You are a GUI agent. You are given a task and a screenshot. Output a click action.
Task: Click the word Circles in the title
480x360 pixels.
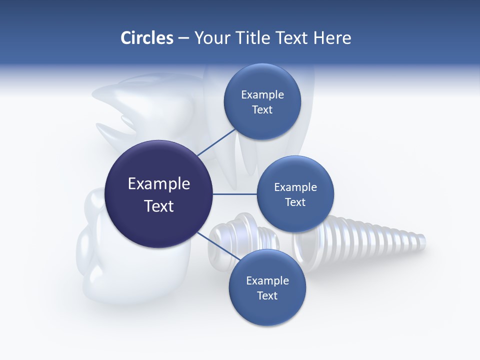(x=146, y=38)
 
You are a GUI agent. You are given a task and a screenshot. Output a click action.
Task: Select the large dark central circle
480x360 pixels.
(x=159, y=194)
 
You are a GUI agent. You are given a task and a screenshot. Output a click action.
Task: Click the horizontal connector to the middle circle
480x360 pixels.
(x=234, y=194)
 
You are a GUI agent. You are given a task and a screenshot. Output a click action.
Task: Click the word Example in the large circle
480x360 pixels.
(x=159, y=184)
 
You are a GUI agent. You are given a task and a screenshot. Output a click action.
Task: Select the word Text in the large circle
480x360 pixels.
(x=159, y=206)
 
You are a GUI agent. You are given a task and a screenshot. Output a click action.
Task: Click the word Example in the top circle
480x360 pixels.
(x=262, y=94)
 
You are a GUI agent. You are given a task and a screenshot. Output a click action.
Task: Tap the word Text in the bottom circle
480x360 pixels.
(x=267, y=295)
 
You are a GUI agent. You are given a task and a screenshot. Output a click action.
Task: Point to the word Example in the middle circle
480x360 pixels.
(x=295, y=187)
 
